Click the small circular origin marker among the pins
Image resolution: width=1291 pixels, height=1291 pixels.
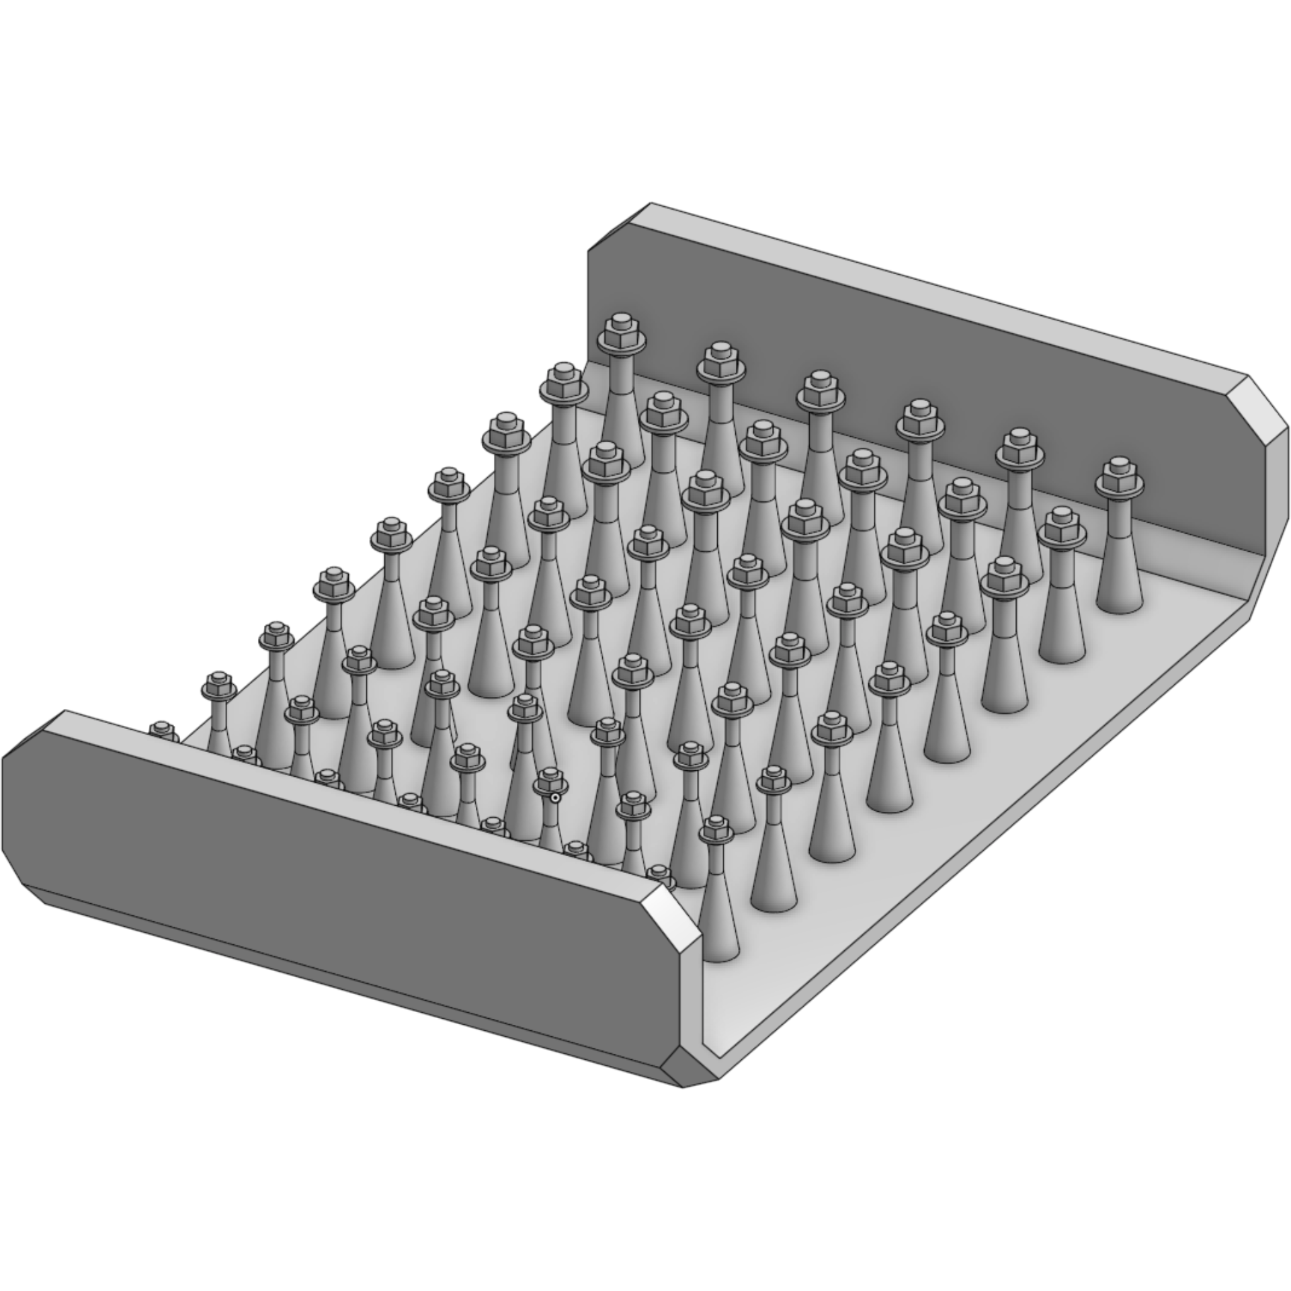(x=555, y=797)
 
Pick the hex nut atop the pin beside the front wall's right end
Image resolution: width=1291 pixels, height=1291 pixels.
(x=717, y=831)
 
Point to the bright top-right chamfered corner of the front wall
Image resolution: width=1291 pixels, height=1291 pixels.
(x=666, y=907)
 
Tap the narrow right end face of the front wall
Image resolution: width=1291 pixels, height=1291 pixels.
(x=692, y=995)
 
